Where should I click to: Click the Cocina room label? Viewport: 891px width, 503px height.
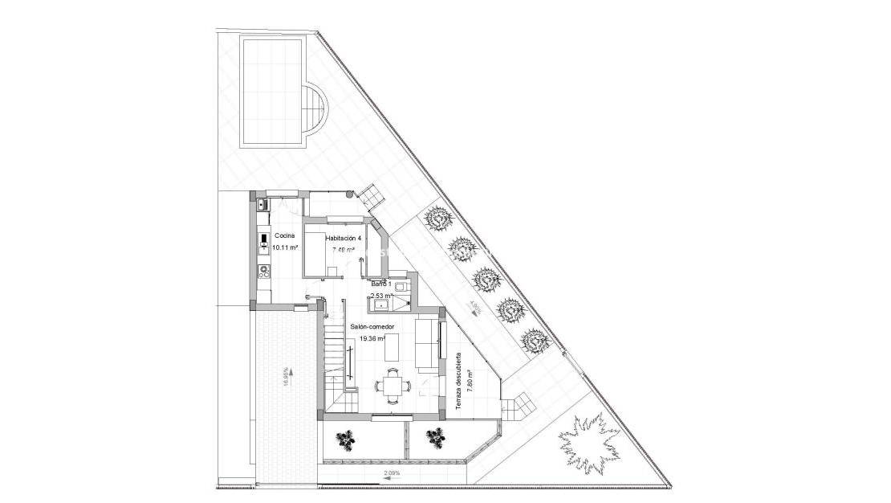point(284,235)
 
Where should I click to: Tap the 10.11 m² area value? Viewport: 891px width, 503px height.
point(284,247)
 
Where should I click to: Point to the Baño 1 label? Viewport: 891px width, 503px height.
point(381,284)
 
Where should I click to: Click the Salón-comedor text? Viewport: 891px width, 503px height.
point(372,327)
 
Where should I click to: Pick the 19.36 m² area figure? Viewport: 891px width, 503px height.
point(372,339)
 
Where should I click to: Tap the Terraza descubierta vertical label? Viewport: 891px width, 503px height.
point(458,382)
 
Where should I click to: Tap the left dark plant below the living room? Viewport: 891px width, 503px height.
point(345,439)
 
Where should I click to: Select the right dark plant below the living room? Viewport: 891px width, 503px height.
point(436,438)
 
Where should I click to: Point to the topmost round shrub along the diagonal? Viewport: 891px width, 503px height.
point(437,218)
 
